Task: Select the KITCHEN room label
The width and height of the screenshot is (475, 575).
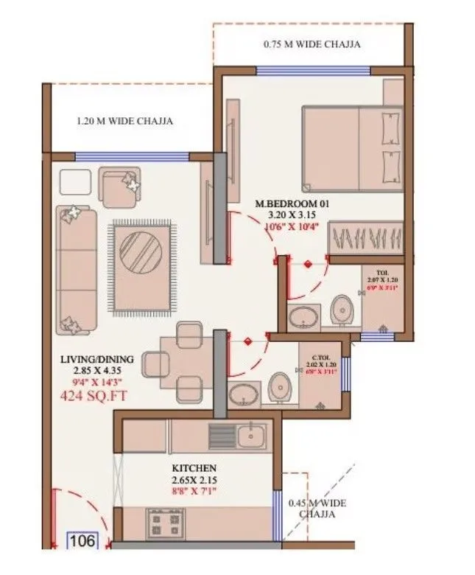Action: pos(194,468)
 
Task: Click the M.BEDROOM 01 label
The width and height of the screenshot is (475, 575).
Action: pos(290,203)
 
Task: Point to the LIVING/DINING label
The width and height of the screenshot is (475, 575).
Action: pos(97,360)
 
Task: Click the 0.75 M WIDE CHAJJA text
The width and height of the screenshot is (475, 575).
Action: pos(312,44)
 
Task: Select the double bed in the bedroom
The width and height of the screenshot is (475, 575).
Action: pos(351,147)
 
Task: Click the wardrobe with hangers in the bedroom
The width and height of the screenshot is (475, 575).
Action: pos(365,238)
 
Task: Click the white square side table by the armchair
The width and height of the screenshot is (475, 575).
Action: pos(74,182)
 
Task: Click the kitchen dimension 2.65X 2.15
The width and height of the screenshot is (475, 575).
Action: pos(194,481)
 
